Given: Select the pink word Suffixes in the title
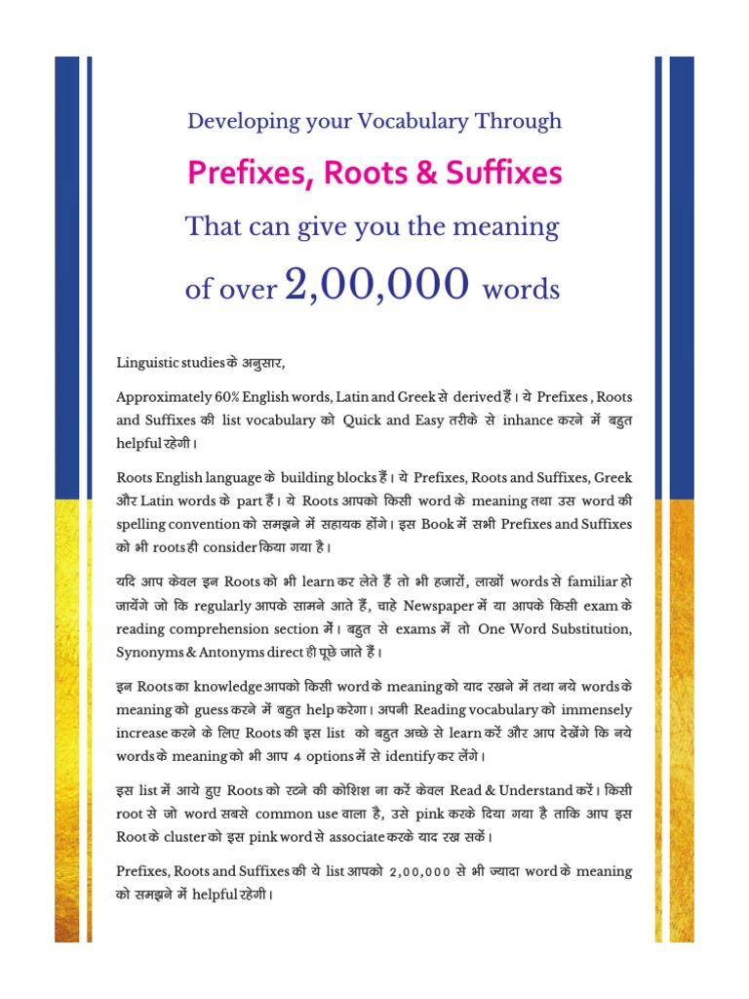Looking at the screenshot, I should click(501, 174).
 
